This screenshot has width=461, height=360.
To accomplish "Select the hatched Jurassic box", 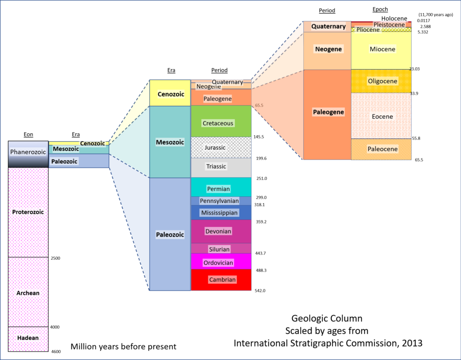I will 221,147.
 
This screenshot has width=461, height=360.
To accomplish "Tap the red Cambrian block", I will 221,280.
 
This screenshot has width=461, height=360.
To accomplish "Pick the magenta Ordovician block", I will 221,262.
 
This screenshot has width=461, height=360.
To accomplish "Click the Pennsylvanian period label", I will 219,201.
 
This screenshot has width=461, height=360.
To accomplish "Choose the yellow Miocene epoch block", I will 382,49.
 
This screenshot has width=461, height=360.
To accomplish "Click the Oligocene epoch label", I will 382,81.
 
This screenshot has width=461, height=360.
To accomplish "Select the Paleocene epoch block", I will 382,149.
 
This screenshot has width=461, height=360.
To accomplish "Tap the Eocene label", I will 382,116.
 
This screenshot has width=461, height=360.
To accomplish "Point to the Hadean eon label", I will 28,338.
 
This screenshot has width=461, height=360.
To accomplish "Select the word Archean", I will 28,293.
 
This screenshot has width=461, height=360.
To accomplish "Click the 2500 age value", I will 55,258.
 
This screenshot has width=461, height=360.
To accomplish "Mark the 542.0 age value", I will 260,291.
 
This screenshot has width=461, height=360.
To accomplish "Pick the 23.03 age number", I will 414,69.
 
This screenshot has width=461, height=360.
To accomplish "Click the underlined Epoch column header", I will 380,9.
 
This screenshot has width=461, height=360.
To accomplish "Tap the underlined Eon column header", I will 28,134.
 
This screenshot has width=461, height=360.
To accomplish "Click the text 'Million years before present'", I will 123,347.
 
